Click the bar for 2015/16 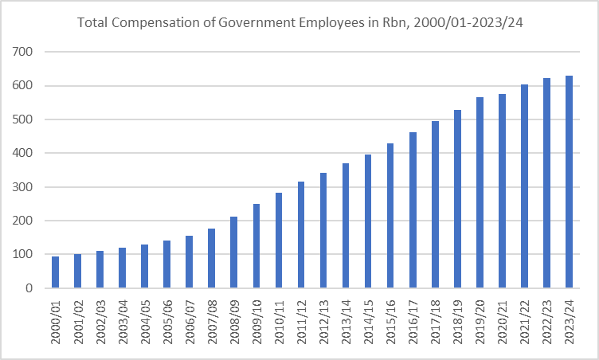point(390,216)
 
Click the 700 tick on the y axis point(33,53)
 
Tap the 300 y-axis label point(33,187)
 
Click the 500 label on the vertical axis point(33,119)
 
